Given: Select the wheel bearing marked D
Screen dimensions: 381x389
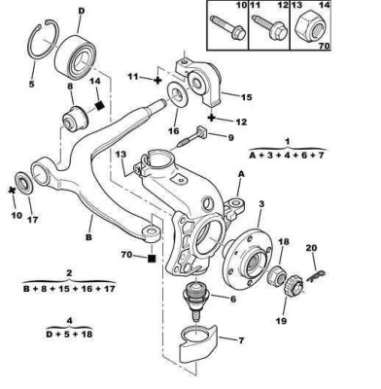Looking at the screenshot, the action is [74, 56].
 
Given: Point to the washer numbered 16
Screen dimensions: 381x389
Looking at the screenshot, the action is [178, 93].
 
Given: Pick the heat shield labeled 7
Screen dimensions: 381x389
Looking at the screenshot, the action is [198, 344].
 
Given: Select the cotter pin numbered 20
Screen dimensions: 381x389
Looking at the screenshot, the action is [314, 277].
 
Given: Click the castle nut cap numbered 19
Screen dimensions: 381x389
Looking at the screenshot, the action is [294, 286].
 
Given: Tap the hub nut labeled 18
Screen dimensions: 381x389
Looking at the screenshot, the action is [276, 276].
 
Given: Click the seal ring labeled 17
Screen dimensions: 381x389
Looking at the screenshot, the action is [24, 184].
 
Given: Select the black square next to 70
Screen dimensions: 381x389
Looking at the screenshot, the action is [152, 258].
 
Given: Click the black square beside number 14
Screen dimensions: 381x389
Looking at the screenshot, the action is [100, 105].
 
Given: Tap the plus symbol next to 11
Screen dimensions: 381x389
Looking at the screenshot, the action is [157, 80].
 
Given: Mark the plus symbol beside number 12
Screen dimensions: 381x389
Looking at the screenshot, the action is [212, 118].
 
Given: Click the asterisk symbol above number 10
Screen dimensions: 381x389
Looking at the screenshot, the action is [13, 191].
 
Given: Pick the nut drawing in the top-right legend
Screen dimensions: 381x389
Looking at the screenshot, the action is [310, 29].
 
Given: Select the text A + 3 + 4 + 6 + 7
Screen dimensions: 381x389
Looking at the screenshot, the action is [287, 155].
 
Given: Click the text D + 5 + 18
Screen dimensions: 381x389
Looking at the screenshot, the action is [69, 334].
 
